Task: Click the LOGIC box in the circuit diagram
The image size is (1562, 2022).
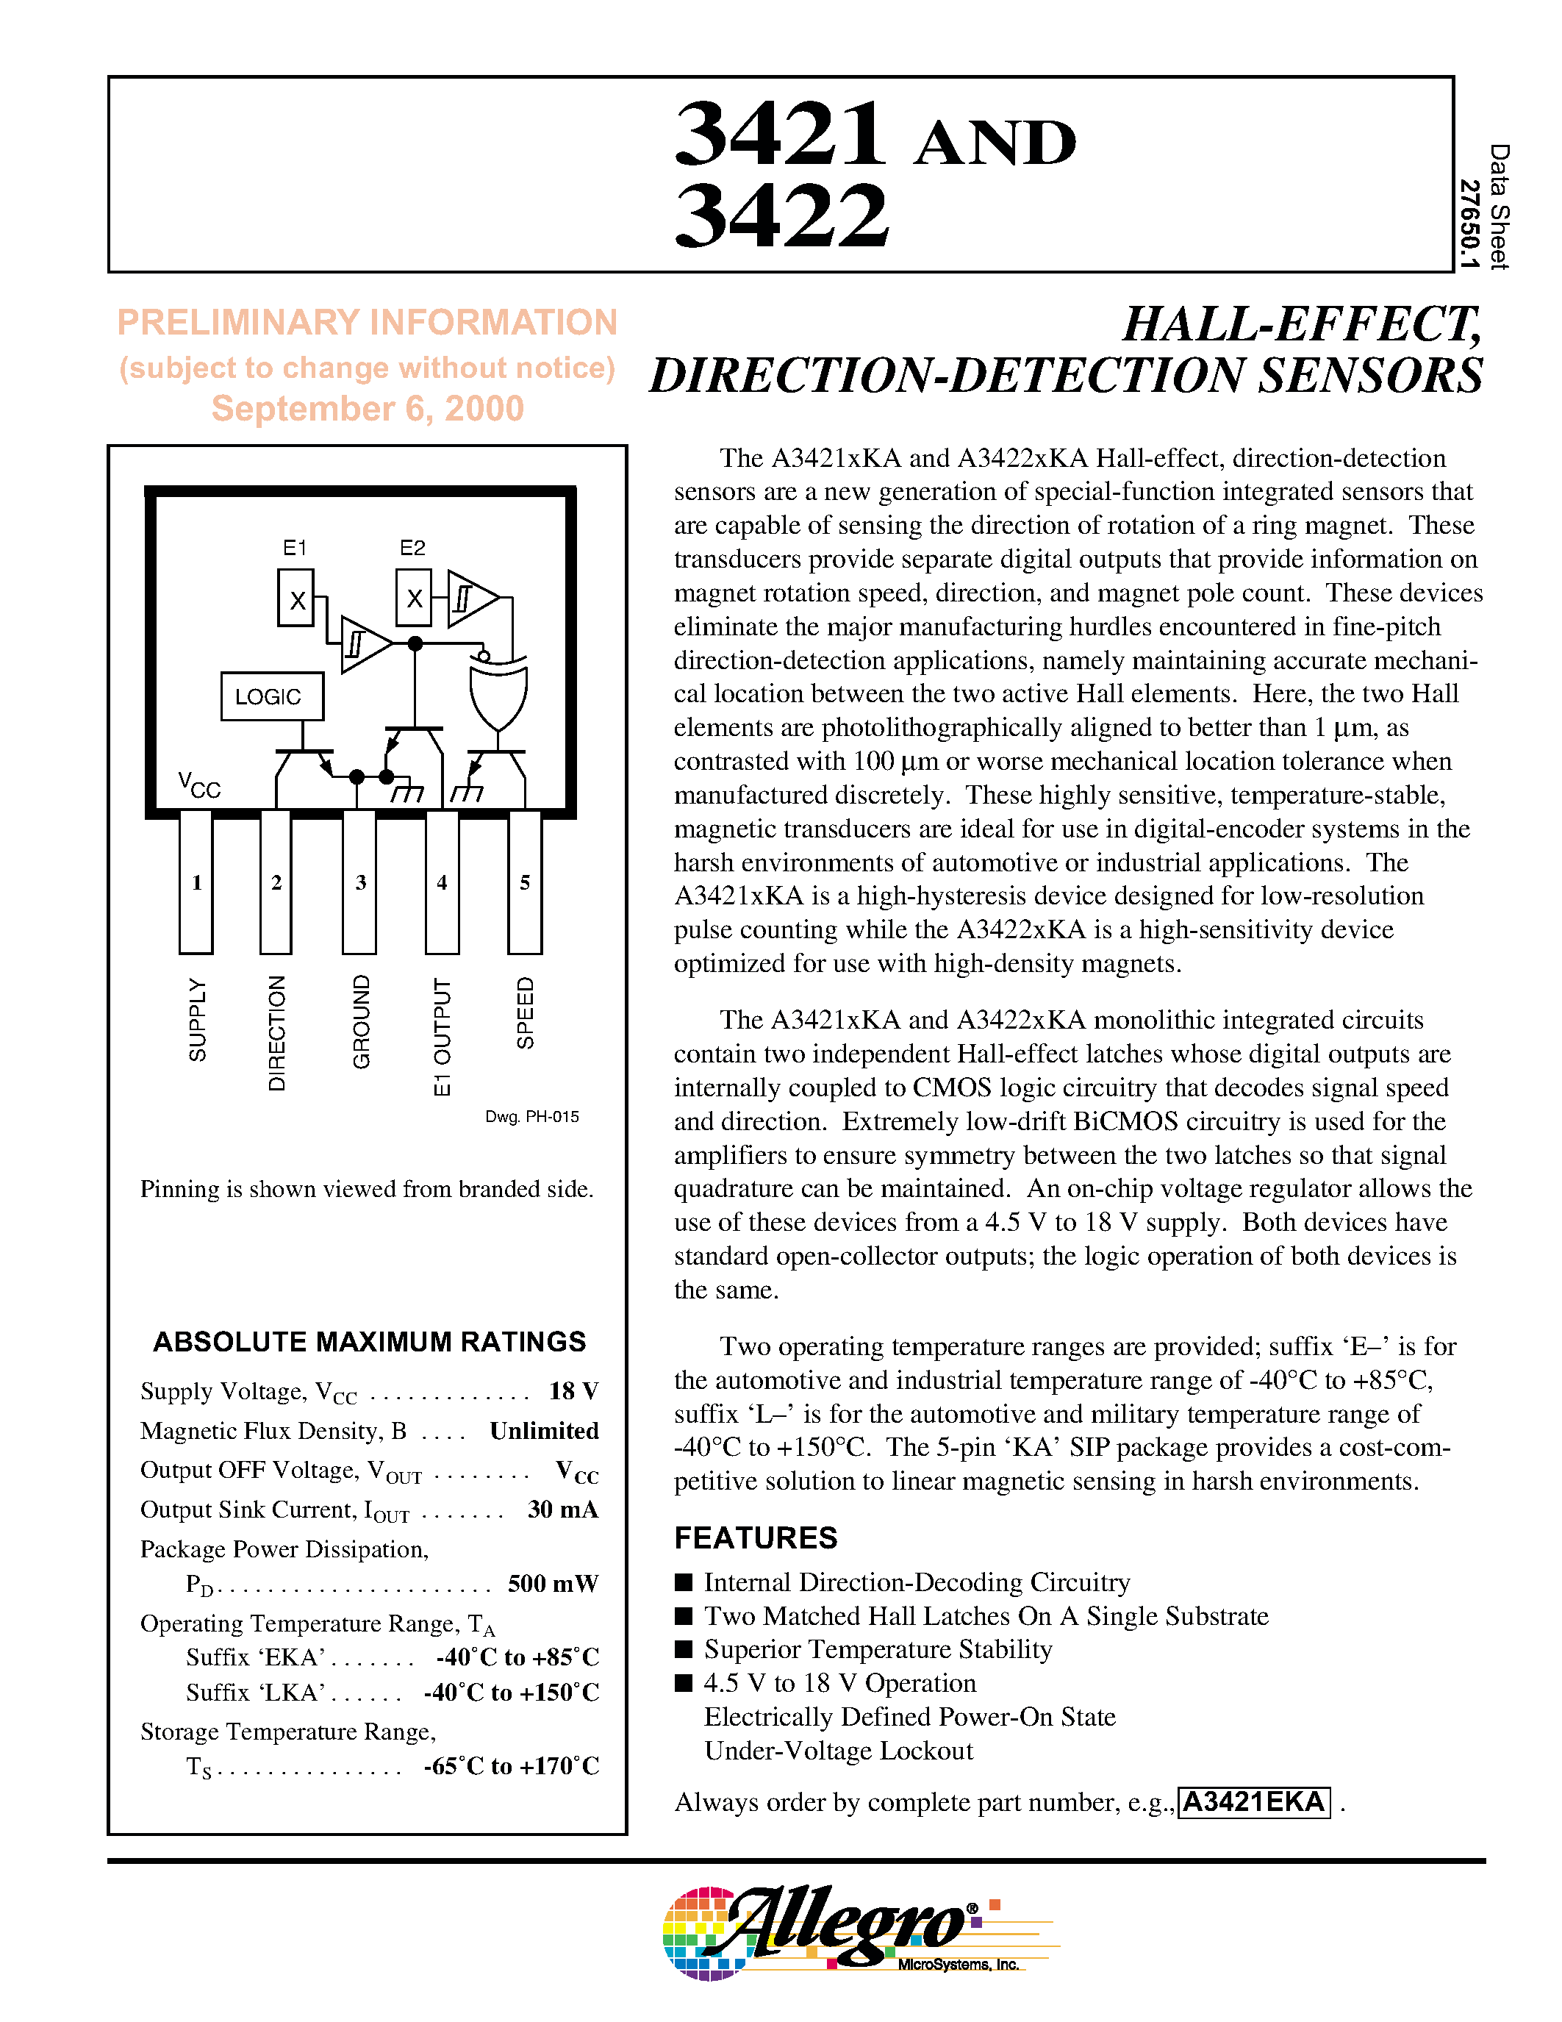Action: coord(272,696)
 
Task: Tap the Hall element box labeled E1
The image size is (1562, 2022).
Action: coord(296,598)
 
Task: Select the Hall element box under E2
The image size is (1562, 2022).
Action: coord(414,598)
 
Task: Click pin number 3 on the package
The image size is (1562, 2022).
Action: coord(360,882)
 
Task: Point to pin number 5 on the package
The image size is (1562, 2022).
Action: coord(525,882)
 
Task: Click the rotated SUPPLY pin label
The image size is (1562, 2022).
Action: coord(197,1019)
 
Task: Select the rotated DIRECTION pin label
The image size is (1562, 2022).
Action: coord(276,1033)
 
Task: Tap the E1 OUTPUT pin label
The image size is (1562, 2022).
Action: coord(443,1036)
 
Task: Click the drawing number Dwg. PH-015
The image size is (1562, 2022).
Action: coord(532,1117)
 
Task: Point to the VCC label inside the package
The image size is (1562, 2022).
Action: coord(199,785)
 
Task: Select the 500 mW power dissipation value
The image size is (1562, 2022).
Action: coord(553,1583)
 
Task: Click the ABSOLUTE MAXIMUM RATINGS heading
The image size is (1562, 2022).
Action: coord(369,1342)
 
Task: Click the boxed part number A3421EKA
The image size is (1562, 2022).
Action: coord(1254,1801)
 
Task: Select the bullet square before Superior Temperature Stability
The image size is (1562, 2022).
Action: coord(684,1649)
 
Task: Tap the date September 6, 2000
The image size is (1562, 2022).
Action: coord(368,408)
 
